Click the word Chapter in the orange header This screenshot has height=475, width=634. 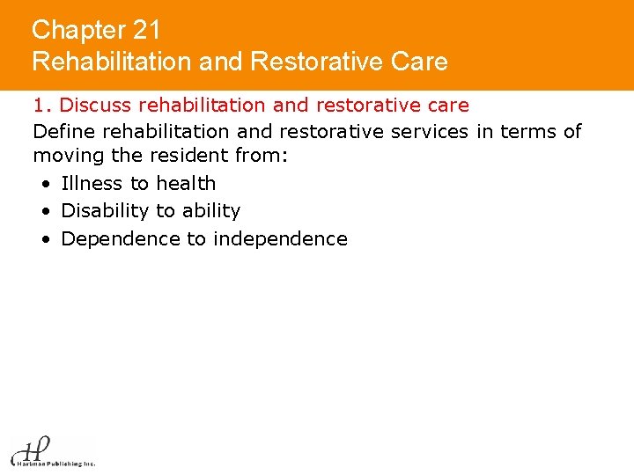(x=79, y=30)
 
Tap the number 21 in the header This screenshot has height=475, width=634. (x=147, y=30)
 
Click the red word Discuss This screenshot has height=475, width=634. (x=97, y=106)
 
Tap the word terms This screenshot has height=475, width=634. (x=527, y=132)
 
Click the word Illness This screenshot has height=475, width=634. (x=92, y=184)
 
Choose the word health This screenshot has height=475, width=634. (x=186, y=184)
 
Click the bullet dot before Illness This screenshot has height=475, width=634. (x=44, y=185)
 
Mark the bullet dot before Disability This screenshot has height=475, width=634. (x=44, y=212)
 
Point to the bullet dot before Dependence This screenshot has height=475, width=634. (x=44, y=240)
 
